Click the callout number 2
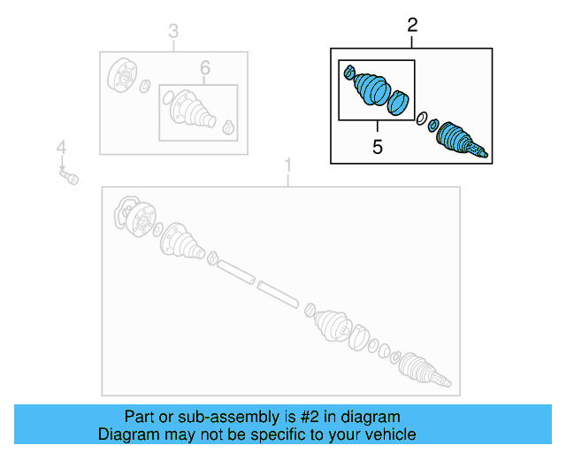412,25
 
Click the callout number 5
378,148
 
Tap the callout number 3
173,34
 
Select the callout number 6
204,67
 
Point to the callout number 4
61,147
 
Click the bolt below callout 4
69,178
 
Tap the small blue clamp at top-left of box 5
349,72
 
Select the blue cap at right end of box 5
401,103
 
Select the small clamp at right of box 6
228,126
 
